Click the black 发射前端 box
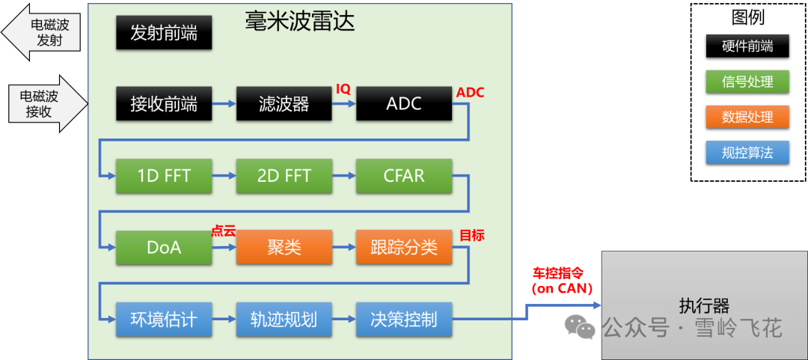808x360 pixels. [x=164, y=34]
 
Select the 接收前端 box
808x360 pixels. [x=164, y=104]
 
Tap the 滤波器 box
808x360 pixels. [x=284, y=104]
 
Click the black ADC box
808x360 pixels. [x=404, y=104]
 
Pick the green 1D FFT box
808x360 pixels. [x=164, y=177]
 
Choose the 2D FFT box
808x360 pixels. [x=284, y=177]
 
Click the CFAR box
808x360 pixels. [x=404, y=177]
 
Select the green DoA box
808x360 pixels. [x=164, y=248]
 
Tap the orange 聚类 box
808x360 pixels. [x=284, y=248]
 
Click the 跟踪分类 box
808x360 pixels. [x=404, y=248]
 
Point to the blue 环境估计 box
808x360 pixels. [x=164, y=320]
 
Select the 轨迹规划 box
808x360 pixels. [x=284, y=320]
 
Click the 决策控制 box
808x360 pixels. [x=404, y=320]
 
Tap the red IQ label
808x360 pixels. [x=343, y=89]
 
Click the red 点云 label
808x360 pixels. [x=223, y=231]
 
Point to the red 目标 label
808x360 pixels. [x=471, y=235]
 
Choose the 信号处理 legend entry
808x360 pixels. [x=747, y=82]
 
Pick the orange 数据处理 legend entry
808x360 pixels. [x=747, y=118]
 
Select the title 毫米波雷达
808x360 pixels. [x=299, y=21]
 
